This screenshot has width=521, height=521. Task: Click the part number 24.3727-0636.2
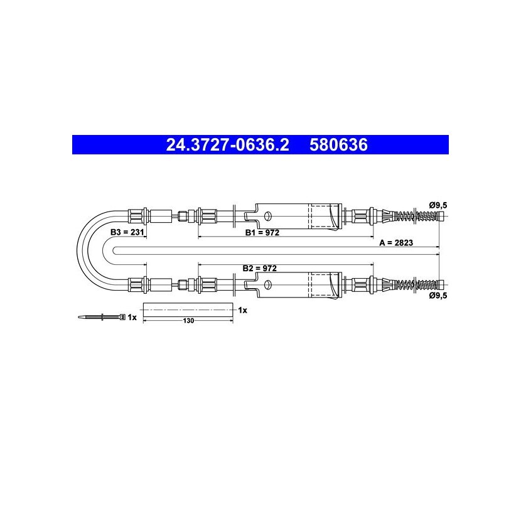tap(228, 145)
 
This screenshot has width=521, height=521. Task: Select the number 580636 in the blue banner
tap(338, 145)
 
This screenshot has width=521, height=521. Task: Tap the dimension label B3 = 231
tap(127, 232)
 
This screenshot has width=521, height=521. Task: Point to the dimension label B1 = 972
tap(262, 233)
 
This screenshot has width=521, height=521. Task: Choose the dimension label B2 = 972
tap(259, 268)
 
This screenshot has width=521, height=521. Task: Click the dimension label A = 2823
tap(396, 242)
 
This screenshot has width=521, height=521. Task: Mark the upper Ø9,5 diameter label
tap(438, 205)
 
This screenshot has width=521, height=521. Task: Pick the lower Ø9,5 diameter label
tap(438, 295)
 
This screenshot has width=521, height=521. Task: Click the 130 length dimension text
tap(188, 321)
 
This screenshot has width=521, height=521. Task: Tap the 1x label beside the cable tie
tap(132, 318)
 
